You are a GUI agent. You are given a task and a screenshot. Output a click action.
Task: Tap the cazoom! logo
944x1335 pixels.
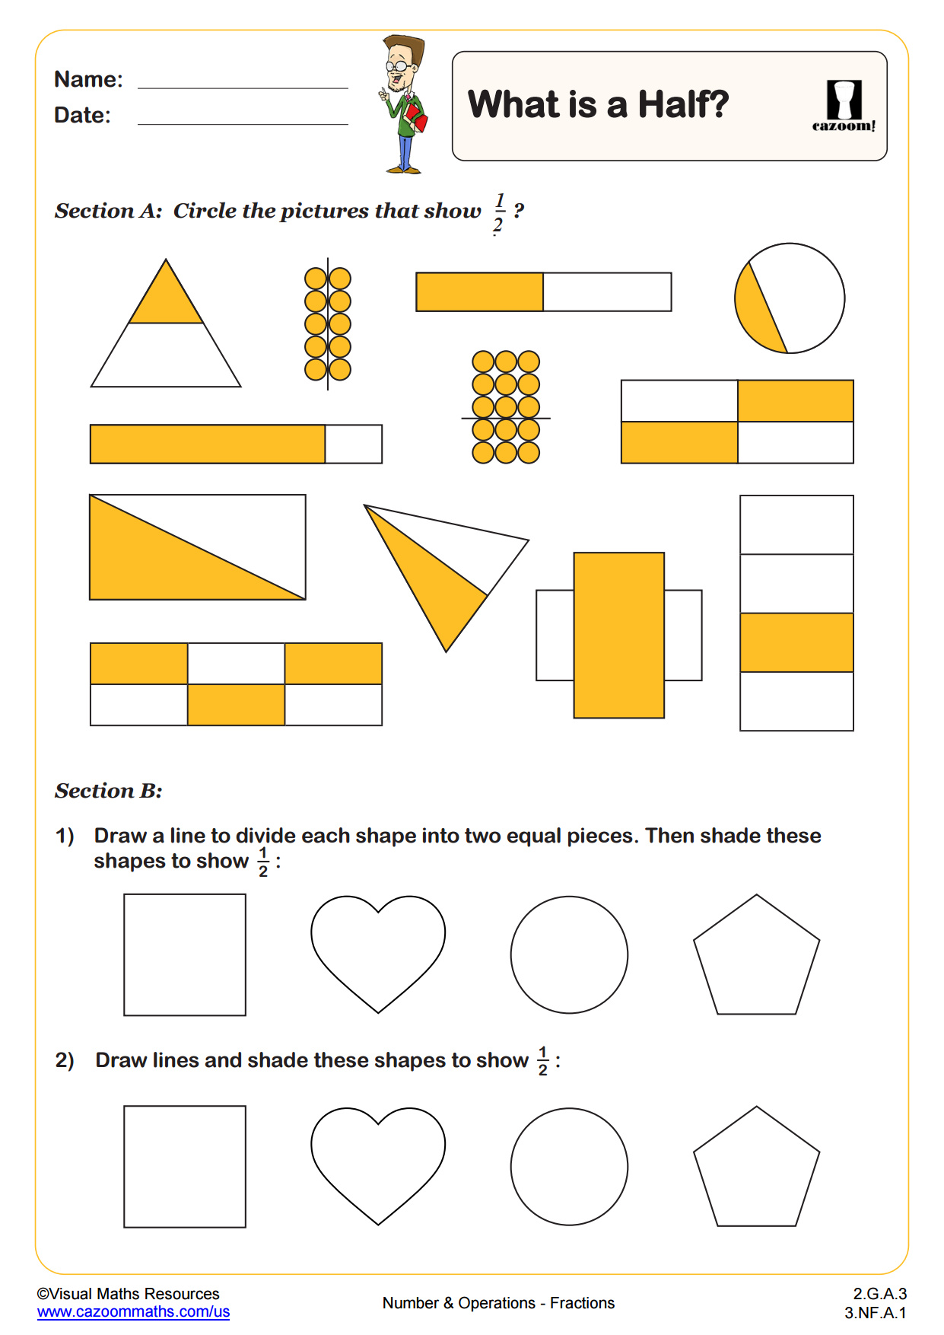844,106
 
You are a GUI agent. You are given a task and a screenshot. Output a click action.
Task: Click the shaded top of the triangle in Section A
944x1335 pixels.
166,301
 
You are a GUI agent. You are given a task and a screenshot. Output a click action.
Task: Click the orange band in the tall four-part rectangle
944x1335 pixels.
796,642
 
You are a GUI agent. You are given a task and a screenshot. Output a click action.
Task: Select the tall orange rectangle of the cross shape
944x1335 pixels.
618,635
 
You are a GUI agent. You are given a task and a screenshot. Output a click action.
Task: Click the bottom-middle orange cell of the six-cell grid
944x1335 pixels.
236,705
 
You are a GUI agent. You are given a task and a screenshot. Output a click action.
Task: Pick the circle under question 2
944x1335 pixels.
569,1166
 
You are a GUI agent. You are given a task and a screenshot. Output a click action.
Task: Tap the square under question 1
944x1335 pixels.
185,954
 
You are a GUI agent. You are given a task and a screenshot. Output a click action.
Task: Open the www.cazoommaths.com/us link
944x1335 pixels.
133,1311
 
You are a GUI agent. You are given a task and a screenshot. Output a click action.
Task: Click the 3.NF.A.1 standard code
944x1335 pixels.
875,1312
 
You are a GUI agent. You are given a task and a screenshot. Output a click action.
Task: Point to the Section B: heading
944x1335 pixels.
108,791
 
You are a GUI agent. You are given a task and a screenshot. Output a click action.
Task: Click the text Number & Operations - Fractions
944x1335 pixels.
498,1303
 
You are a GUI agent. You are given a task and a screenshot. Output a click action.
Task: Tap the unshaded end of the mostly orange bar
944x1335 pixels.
353,444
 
